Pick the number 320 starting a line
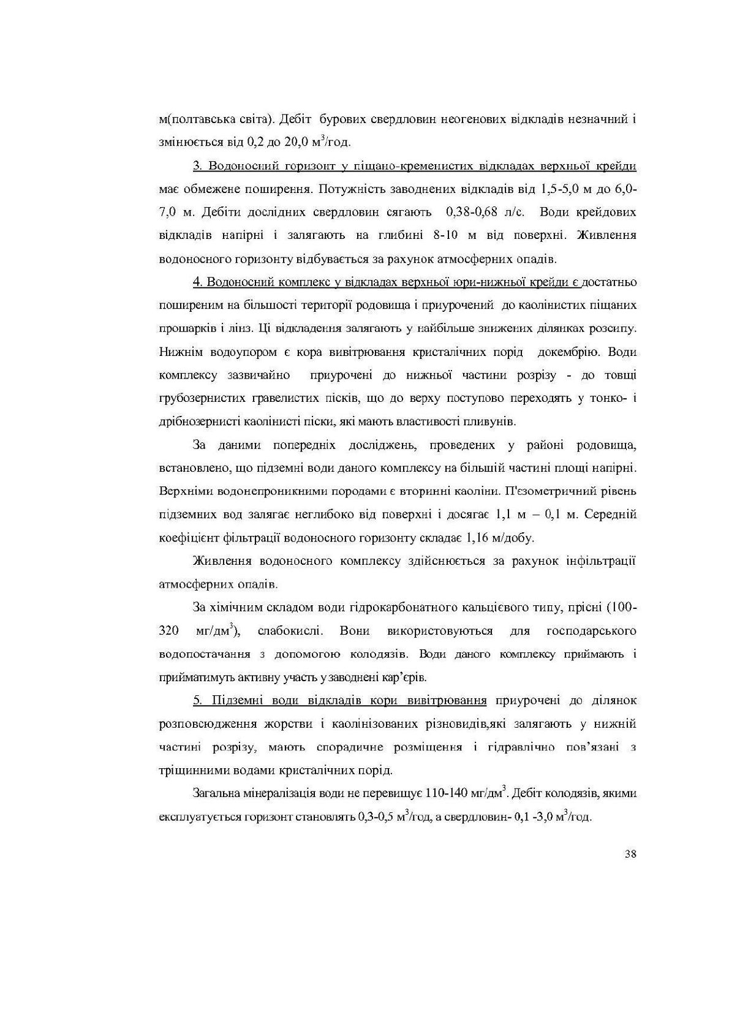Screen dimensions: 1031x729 [168, 631]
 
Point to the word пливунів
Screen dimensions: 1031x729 [491, 421]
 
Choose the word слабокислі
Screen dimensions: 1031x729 [287, 631]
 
